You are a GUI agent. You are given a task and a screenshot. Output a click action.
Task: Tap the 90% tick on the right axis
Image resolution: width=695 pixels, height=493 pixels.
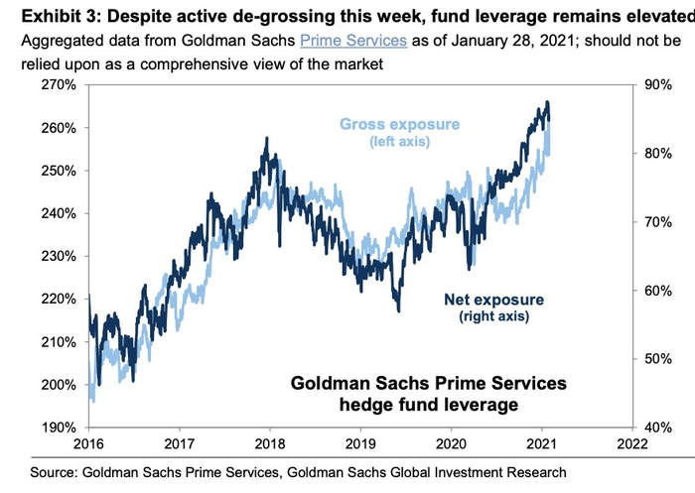tap(659, 85)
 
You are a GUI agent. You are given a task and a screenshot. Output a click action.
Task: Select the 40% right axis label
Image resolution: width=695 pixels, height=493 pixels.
tap(659, 428)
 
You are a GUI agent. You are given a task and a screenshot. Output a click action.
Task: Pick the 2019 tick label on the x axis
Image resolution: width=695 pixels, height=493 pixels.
tap(360, 445)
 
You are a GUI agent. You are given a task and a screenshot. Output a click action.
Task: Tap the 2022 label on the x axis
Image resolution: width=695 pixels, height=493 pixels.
tap(632, 445)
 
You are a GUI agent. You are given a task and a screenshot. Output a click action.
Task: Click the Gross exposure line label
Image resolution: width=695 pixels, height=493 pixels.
tap(400, 125)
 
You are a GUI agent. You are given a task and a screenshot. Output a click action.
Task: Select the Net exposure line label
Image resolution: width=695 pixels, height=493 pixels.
tap(491, 299)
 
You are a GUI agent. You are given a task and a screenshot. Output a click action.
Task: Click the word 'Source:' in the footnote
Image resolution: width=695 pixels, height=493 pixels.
tap(55, 475)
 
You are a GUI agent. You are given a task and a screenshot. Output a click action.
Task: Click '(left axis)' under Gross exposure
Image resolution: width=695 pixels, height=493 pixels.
tap(400, 143)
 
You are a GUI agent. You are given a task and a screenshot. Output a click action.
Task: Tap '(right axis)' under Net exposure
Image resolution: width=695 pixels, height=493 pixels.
tap(491, 316)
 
